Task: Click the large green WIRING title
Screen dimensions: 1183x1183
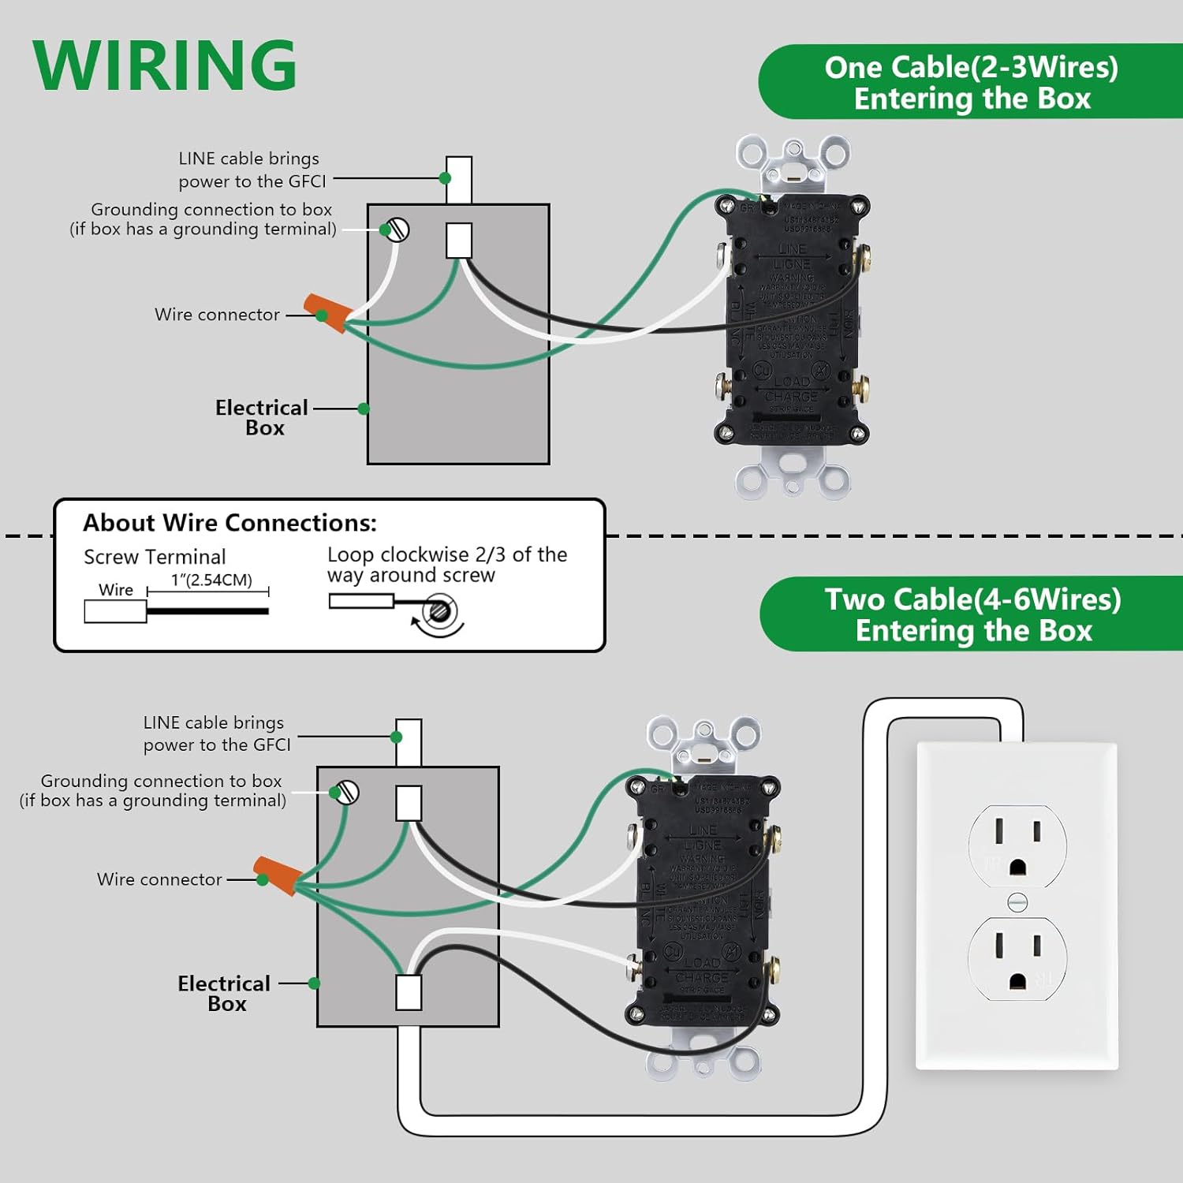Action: coord(164,65)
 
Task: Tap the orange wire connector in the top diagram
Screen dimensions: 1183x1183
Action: coord(327,312)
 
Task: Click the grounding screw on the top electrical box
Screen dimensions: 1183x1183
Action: coord(397,230)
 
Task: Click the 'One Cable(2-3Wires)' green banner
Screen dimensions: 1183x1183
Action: coord(971,82)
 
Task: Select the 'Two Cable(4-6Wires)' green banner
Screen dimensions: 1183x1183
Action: coord(972,614)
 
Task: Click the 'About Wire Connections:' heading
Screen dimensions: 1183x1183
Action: coord(230,523)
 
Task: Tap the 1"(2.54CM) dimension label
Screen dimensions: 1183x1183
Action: coord(211,580)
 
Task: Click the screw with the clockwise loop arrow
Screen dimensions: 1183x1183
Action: coord(438,611)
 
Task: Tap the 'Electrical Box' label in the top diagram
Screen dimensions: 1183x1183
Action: coord(262,417)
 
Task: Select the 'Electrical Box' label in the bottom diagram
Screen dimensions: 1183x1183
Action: coord(224,993)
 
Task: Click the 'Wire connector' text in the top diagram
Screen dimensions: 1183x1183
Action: coord(217,315)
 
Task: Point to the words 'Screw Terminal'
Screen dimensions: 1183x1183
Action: coord(155,557)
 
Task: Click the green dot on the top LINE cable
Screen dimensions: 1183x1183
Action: coord(445,178)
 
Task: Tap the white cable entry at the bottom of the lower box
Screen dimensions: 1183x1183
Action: coord(409,992)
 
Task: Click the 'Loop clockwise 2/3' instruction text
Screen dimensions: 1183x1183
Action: coord(446,565)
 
